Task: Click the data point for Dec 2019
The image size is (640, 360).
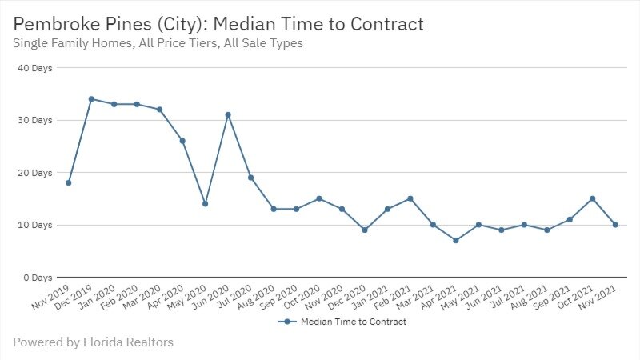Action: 91,99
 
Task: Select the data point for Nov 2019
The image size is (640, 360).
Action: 69,183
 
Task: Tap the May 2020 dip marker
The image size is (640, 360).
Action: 205,204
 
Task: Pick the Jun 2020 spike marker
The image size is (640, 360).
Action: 228,114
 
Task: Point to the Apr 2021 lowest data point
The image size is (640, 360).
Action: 456,241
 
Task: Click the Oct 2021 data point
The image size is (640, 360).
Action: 592,198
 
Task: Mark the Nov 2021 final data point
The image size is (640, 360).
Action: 615,225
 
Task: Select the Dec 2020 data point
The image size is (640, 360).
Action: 365,230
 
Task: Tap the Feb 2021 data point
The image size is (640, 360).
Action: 410,198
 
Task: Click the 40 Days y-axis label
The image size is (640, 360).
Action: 35,68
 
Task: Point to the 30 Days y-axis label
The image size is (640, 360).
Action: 35,120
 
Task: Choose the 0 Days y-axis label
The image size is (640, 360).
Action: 38,278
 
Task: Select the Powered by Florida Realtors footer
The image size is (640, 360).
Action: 93,342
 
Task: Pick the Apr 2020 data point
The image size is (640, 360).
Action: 182,141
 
